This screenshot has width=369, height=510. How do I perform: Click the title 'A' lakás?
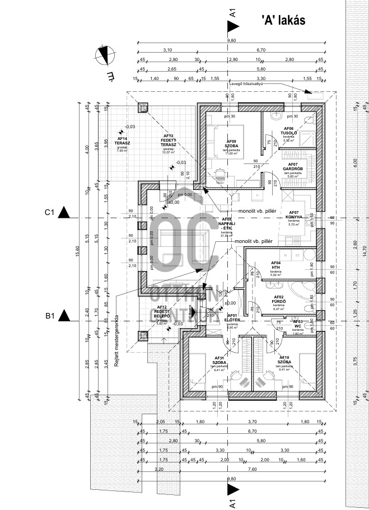click(283, 20)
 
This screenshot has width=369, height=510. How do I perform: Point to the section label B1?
click(49, 317)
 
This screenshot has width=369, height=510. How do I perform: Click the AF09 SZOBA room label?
click(231, 144)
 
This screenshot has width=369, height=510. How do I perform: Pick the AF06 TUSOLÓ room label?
click(288, 132)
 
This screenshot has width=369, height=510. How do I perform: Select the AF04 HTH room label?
click(275, 265)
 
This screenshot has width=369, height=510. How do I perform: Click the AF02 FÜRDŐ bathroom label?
click(279, 300)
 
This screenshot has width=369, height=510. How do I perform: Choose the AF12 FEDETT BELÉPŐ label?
click(162, 311)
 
